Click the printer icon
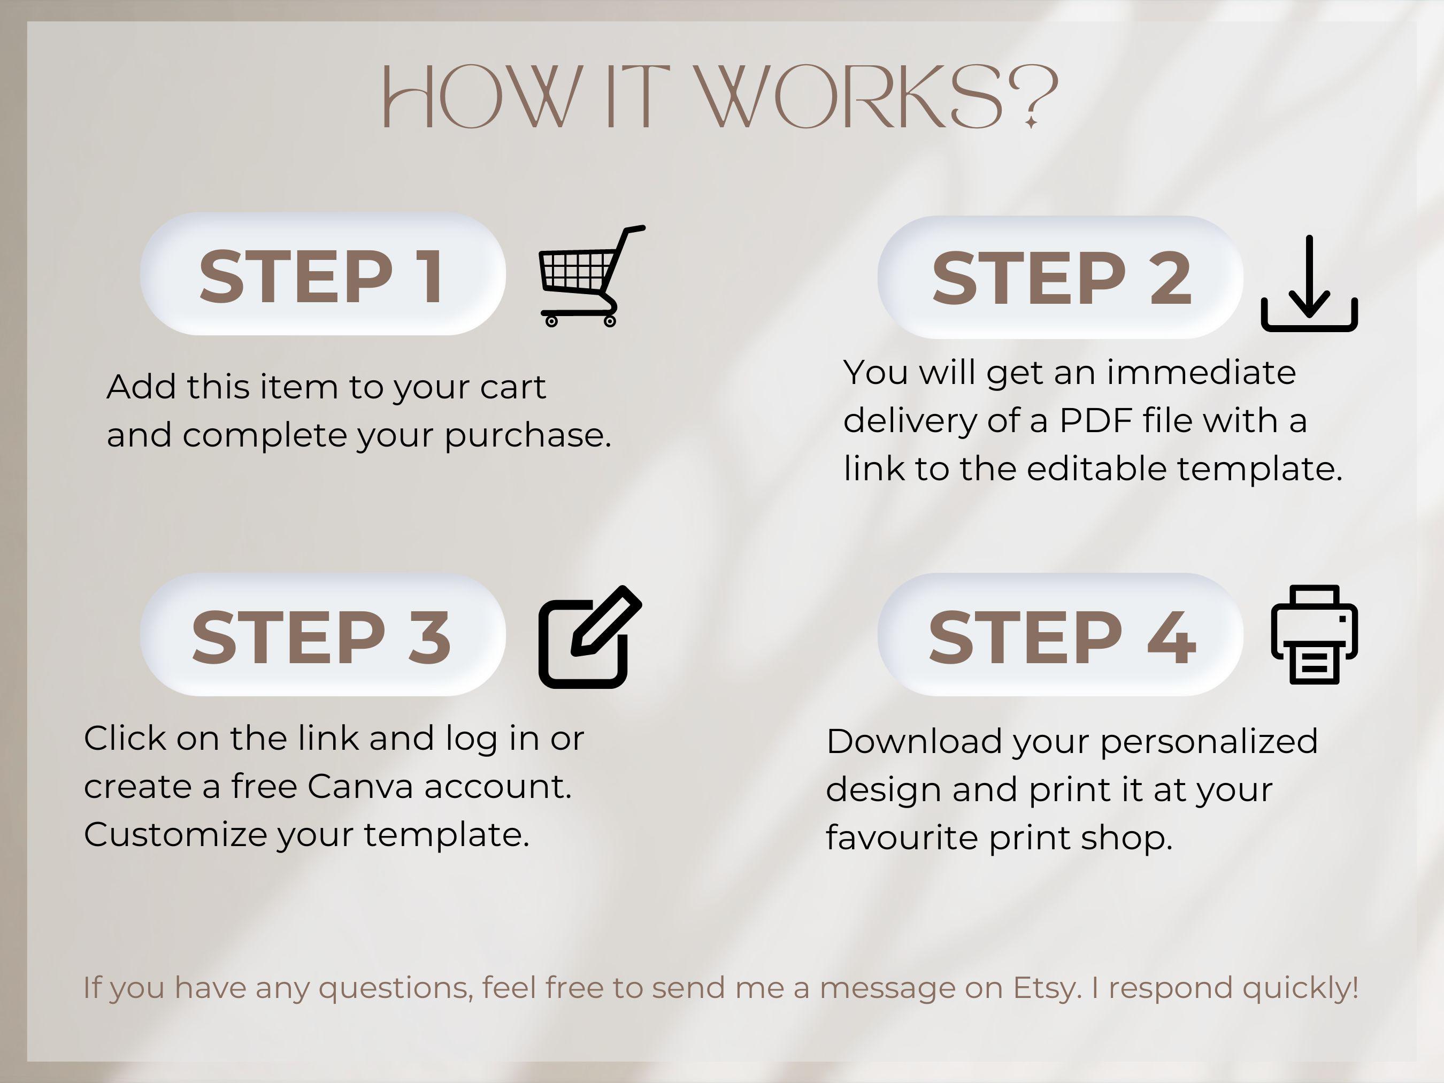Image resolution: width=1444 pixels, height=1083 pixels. pos(1314,634)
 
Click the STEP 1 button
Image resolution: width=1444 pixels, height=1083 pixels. pos(322,274)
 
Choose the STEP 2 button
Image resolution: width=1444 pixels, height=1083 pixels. pos(1060,278)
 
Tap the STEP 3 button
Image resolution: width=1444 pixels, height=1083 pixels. pos(322,635)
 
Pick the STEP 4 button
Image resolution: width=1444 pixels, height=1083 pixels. pos(1060,635)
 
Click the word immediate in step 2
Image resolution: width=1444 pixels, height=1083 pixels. pos(1201,373)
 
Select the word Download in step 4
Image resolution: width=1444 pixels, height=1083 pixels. pos(914,742)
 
